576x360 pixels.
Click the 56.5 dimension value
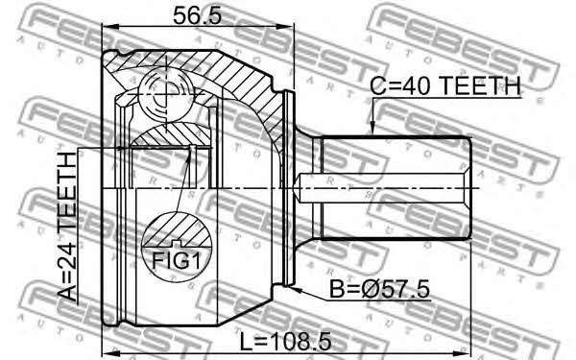[198, 15]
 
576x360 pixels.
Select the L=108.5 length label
[285, 342]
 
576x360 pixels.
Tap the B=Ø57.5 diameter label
[379, 289]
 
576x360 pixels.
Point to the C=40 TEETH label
[445, 86]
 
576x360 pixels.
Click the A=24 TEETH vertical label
[67, 227]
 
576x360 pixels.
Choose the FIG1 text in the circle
[177, 261]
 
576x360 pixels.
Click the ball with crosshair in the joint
[165, 93]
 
